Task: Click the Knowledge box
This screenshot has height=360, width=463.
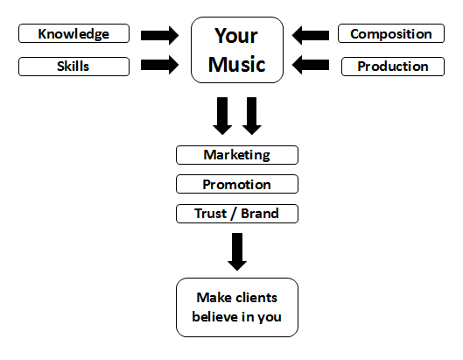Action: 74,33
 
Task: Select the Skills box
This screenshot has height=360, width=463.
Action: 74,67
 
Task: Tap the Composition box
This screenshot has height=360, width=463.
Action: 391,33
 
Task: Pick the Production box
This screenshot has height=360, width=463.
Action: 393,67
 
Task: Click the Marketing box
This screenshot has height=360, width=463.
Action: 237,155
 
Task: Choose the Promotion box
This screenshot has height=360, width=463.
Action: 237,184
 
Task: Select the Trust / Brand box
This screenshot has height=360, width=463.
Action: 237,214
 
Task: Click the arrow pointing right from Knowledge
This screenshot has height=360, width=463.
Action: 160,35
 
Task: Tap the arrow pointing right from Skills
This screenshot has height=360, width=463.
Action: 160,65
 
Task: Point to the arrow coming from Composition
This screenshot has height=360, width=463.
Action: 311,35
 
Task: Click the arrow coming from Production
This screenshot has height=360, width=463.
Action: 311,65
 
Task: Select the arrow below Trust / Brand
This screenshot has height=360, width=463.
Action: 237,251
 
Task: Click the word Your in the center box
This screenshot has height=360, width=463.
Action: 236,36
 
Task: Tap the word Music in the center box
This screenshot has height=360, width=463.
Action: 237,64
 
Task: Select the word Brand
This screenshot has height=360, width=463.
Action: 260,214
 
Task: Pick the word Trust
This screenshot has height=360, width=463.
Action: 211,214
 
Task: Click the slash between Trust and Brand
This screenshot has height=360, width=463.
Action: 234,214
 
